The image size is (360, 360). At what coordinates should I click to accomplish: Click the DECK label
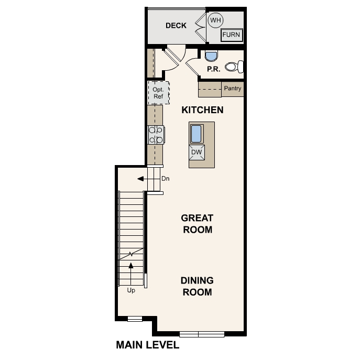(176, 25)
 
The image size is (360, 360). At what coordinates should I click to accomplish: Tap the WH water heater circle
(215, 21)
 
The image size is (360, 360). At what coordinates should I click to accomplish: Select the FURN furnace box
(231, 35)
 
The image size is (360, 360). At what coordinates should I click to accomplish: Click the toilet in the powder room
(234, 67)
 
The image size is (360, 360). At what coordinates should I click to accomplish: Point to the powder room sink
(211, 56)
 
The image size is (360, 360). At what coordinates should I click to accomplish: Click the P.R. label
(213, 69)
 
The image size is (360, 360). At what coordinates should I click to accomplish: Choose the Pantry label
(233, 89)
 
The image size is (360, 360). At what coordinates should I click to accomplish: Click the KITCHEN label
(202, 110)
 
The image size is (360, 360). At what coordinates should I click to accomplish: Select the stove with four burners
(156, 135)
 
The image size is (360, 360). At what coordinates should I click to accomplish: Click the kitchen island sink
(197, 134)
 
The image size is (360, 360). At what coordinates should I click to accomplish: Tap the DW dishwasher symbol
(197, 152)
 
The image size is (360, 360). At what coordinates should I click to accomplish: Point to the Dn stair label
(165, 179)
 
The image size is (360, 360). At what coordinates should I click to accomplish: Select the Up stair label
(131, 290)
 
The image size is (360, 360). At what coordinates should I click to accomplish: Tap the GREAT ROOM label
(197, 224)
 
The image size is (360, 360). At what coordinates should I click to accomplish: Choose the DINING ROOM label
(197, 286)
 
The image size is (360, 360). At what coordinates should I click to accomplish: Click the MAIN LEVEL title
(147, 345)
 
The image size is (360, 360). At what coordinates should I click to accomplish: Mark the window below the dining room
(201, 333)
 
